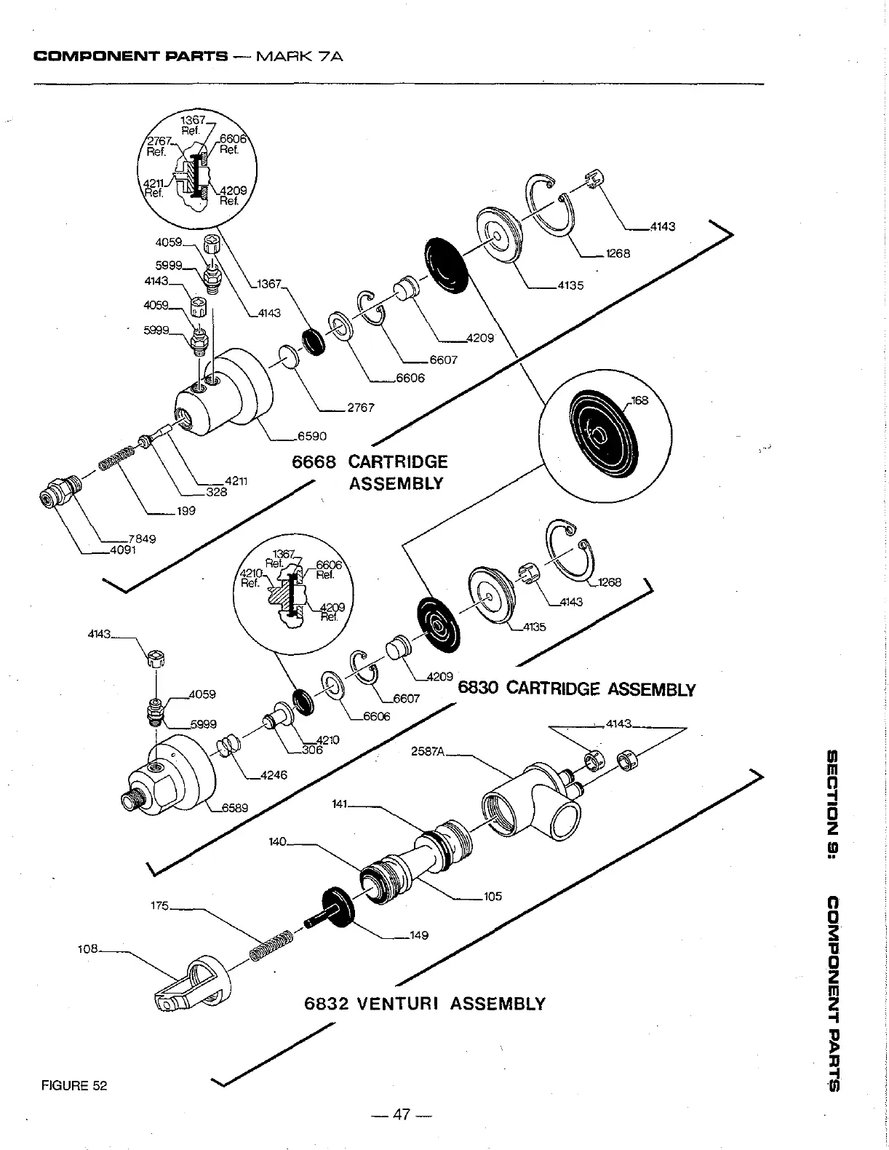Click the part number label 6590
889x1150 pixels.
pos(311,436)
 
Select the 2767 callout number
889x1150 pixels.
pos(360,408)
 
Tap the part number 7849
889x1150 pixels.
pos(142,539)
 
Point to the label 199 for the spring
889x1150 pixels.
pos(186,511)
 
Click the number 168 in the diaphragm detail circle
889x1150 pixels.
pos(639,400)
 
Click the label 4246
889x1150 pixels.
pos(274,775)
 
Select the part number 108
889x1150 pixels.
pos(87,949)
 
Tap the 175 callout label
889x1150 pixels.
pos(159,905)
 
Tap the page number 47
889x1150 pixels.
pos(402,1114)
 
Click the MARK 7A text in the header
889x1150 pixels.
pos(300,55)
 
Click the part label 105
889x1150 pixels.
pos(493,897)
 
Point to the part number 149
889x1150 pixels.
pos(419,935)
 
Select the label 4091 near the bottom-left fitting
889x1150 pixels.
pos(123,550)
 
